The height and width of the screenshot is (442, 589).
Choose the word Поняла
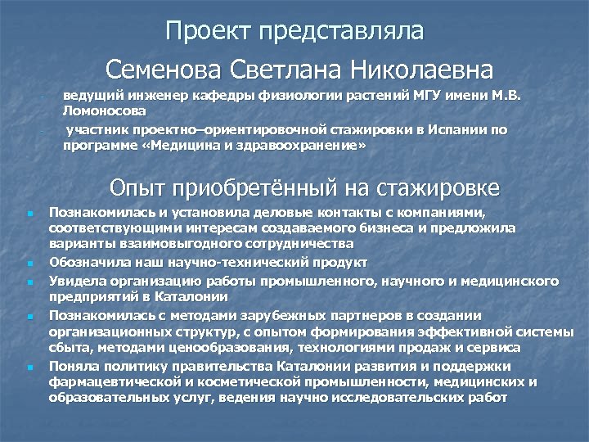[71, 365]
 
